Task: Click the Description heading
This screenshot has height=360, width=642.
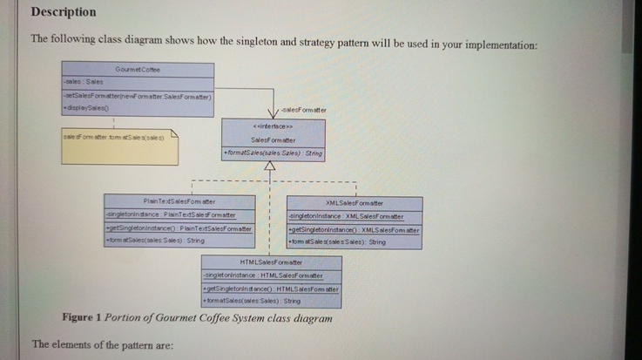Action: coord(64,12)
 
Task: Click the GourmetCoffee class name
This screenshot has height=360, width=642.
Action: coord(138,69)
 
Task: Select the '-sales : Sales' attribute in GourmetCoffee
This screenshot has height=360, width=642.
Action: coord(84,82)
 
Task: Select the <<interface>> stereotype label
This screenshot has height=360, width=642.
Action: coord(273,126)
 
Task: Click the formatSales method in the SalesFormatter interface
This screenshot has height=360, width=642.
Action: coord(274,153)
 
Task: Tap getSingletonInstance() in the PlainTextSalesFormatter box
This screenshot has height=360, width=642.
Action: coord(178,228)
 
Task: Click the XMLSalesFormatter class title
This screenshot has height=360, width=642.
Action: coord(354,201)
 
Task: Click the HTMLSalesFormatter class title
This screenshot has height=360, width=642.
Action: coord(270,262)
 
